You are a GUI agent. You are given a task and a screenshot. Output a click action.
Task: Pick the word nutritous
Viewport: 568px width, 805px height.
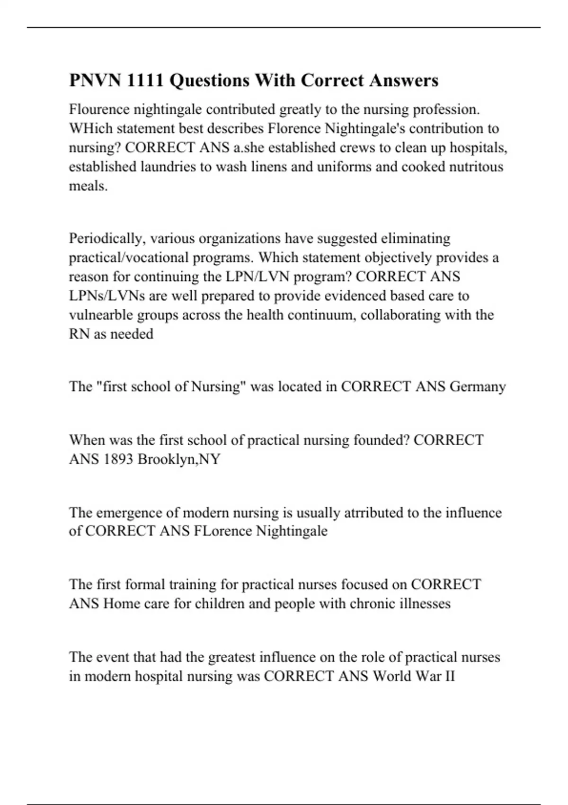478,167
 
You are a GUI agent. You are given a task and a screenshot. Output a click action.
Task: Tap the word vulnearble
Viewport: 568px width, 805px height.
101,315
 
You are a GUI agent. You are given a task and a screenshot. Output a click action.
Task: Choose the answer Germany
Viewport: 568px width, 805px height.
478,387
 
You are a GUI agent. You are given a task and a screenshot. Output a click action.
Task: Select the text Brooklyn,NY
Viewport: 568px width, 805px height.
179,459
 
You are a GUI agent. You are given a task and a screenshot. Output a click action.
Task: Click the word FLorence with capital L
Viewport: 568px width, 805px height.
222,531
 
